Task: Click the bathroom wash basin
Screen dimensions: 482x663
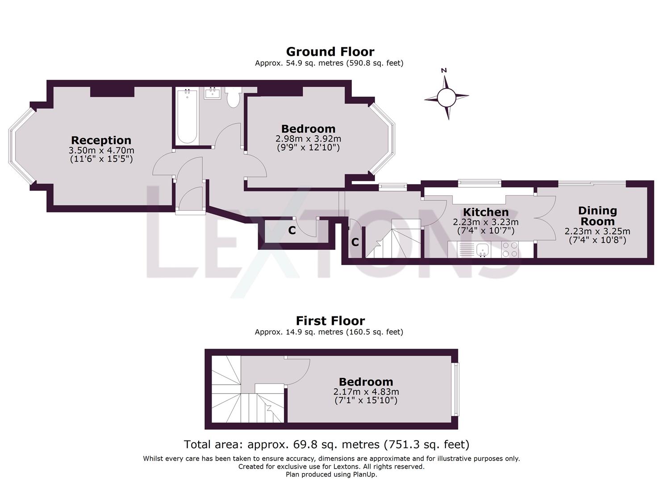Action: (213, 93)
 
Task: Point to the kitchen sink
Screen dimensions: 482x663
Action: (482, 250)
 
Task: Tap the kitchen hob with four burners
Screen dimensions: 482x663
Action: (510, 249)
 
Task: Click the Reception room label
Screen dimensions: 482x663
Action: (101, 141)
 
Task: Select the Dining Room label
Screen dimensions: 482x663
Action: (597, 216)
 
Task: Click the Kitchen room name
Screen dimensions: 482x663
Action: (486, 212)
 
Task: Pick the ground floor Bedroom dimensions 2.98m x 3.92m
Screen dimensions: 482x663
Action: (308, 139)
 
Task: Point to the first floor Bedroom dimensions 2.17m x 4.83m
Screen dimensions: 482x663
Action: (366, 392)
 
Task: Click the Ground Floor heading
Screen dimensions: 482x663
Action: (330, 52)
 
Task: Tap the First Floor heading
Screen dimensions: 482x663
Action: (330, 321)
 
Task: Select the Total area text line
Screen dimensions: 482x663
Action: (326, 445)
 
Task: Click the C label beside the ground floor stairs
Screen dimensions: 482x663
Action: (355, 242)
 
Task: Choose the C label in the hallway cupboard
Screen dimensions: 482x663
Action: (292, 231)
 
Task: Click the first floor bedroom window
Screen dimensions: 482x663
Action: (455, 389)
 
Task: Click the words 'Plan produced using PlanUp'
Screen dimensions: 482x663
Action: (331, 474)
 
